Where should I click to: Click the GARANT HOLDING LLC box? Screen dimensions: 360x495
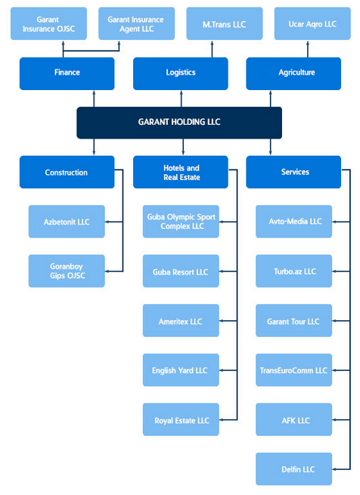pyautogui.click(x=179, y=123)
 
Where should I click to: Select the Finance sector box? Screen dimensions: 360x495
pyautogui.click(x=67, y=73)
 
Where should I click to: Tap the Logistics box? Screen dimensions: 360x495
pyautogui.click(x=181, y=73)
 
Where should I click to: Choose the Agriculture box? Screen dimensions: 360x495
pyautogui.click(x=293, y=73)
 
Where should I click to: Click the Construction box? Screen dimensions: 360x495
pyautogui.click(x=67, y=172)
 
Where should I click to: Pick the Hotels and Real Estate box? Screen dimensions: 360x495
pyautogui.click(x=181, y=172)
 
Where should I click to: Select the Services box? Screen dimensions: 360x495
pyautogui.click(x=293, y=172)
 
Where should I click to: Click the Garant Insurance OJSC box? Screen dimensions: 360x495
pyautogui.click(x=48, y=23)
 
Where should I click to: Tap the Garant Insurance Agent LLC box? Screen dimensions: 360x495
pyautogui.click(x=137, y=23)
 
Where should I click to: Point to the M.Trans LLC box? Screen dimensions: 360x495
pyautogui.click(x=225, y=23)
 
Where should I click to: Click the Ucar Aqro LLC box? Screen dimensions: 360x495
pyautogui.click(x=312, y=23)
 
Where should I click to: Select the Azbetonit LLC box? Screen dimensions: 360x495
pyautogui.click(x=67, y=222)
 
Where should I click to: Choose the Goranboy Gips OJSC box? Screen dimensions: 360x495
pyautogui.click(x=67, y=271)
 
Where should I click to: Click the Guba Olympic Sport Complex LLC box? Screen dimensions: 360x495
pyautogui.click(x=181, y=222)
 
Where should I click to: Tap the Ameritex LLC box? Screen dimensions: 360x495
pyautogui.click(x=181, y=320)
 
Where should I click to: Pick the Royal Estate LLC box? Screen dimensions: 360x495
pyautogui.click(x=181, y=419)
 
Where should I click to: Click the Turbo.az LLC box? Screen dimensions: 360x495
pyautogui.click(x=293, y=271)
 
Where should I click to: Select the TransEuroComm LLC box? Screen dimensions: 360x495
pyautogui.click(x=293, y=370)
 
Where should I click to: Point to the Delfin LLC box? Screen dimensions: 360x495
pyautogui.click(x=293, y=469)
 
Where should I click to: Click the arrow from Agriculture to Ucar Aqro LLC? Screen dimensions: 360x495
pyautogui.click(x=308, y=49)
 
